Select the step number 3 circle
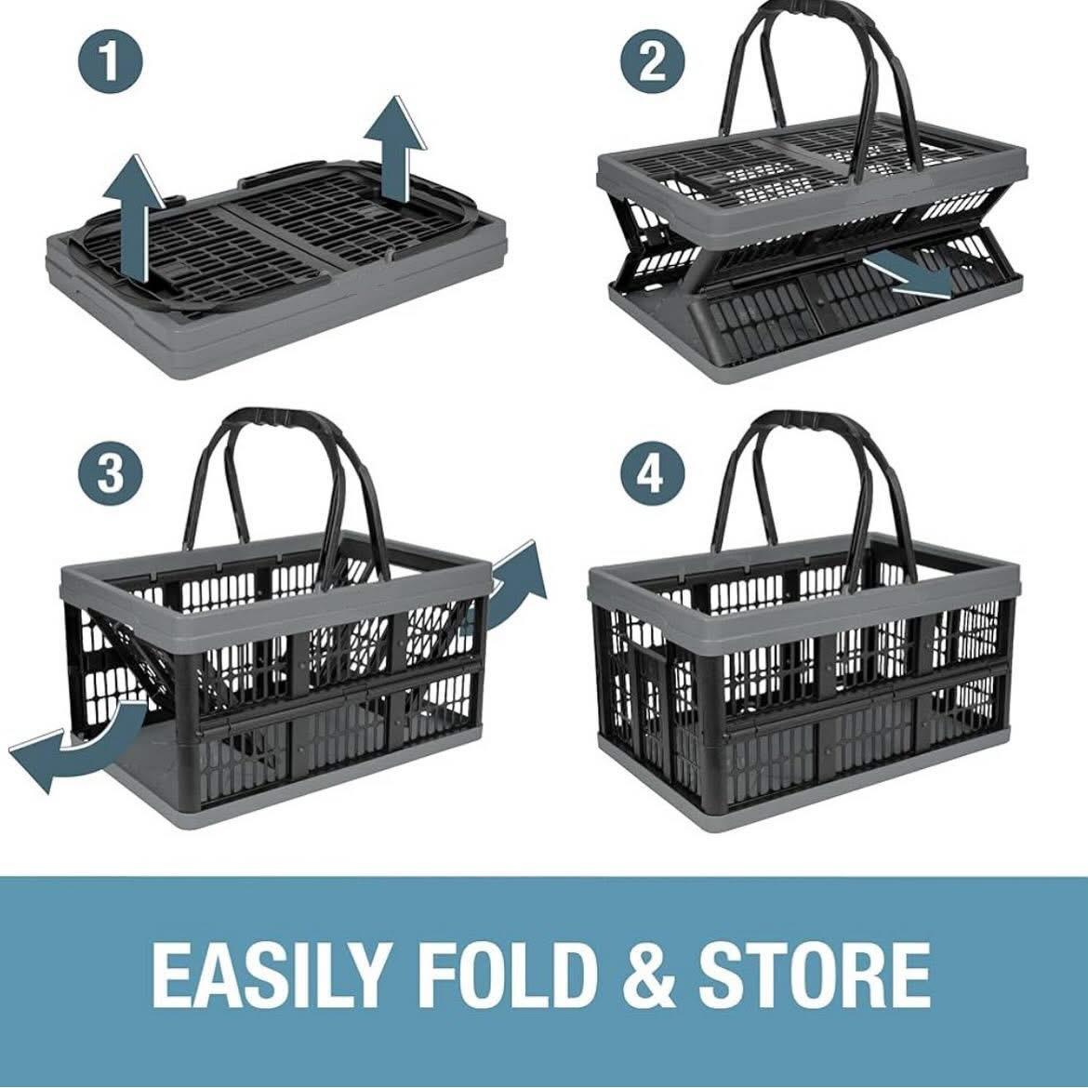click(111, 472)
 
